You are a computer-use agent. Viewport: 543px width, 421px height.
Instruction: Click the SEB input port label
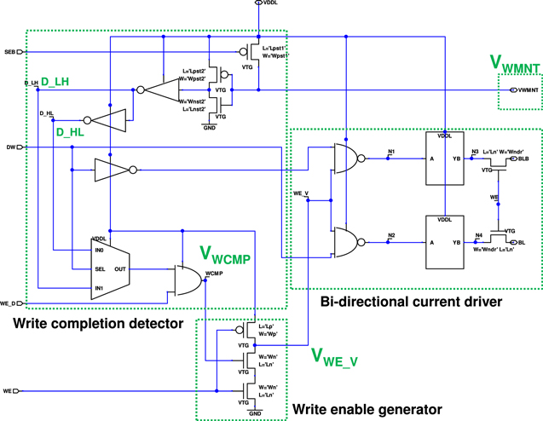[x=10, y=52]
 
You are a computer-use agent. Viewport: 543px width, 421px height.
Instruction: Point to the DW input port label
[x=11, y=147]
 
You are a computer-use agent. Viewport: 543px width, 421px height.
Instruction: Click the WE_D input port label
[x=9, y=303]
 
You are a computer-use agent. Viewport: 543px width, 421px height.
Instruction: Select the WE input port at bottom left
[x=9, y=392]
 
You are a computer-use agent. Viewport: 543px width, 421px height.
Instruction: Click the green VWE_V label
[x=334, y=357]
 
